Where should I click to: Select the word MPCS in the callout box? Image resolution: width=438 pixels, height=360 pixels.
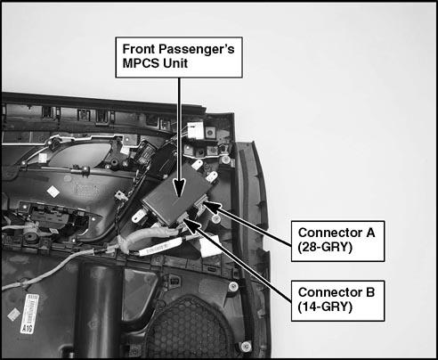140,63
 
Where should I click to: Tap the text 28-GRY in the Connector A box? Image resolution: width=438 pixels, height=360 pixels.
325,247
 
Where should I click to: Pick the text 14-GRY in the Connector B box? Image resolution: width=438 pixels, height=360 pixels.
325,307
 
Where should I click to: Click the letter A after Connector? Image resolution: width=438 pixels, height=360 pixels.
370,233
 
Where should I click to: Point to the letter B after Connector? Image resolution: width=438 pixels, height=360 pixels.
370,292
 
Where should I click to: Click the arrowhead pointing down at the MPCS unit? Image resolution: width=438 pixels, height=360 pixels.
179,188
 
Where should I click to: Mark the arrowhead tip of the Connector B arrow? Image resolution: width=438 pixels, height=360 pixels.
184,219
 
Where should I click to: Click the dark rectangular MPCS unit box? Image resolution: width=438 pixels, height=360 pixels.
174,193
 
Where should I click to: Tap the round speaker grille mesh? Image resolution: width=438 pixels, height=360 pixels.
190,330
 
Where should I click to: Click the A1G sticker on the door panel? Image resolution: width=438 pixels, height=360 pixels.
28,328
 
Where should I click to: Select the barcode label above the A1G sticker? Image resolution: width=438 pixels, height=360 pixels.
31,309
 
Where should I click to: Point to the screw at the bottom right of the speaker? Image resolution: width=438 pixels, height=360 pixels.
246,347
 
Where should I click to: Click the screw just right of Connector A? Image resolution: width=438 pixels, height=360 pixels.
216,219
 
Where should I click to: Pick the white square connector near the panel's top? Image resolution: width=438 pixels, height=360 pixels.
196,129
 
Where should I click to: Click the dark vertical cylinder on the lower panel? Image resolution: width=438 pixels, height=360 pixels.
100,309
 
